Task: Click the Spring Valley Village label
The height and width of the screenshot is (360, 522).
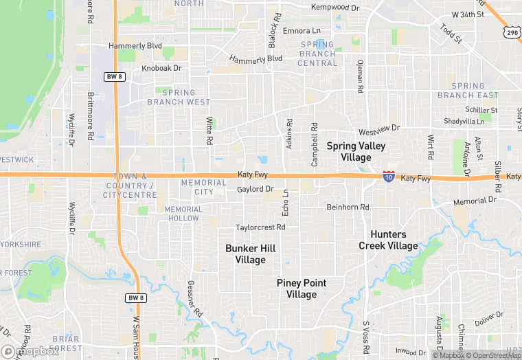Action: click(x=356, y=151)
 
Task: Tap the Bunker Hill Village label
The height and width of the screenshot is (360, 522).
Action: click(x=250, y=254)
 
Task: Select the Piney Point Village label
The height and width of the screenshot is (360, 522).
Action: click(x=302, y=289)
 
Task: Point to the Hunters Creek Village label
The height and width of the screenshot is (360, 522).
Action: click(x=388, y=240)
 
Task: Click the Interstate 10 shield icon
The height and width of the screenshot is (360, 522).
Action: click(x=389, y=176)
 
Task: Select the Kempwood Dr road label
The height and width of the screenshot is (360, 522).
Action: click(x=335, y=8)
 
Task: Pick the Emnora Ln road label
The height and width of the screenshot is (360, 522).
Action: click(x=302, y=31)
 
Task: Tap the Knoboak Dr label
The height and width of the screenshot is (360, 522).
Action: click(x=161, y=69)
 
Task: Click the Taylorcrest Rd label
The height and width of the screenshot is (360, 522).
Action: click(x=260, y=227)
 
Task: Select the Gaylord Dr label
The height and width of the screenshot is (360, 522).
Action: click(x=256, y=189)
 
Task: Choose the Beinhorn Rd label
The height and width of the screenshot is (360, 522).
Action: click(x=348, y=207)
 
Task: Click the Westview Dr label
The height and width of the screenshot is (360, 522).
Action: click(x=378, y=130)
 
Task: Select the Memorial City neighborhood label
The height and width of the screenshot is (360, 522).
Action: click(x=203, y=188)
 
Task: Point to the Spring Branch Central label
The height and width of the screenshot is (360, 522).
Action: click(x=317, y=54)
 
